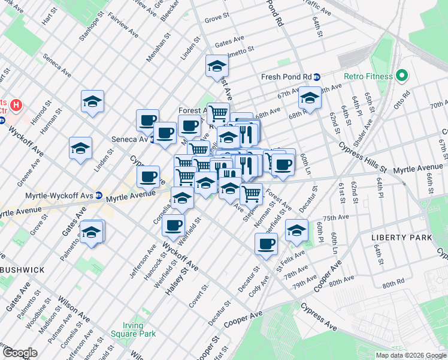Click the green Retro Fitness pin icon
click(x=401, y=76)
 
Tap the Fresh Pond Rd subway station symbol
click(x=317, y=77)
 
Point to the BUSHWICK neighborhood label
click(x=22, y=270)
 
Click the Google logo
click(x=20, y=353)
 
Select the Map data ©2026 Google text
click(x=410, y=355)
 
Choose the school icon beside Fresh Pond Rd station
click(x=310, y=97)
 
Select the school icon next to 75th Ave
click(x=296, y=230)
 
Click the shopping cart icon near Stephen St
click(x=251, y=193)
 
